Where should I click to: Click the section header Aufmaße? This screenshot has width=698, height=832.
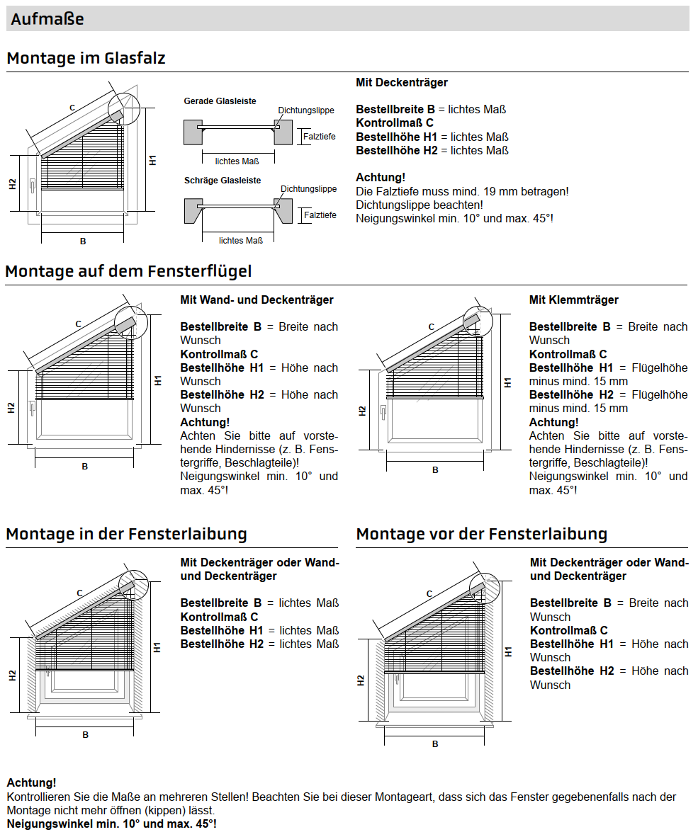[47, 19]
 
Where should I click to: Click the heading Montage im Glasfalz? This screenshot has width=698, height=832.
[86, 58]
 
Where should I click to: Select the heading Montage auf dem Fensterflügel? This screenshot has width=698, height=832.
[128, 271]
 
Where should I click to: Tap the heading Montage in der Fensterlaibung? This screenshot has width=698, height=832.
[126, 534]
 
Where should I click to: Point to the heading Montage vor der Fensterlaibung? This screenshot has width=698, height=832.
[482, 534]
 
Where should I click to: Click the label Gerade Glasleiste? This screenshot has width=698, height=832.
[220, 101]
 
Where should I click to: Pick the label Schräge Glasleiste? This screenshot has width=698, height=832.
[222, 181]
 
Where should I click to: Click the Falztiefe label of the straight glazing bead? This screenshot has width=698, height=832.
[320, 136]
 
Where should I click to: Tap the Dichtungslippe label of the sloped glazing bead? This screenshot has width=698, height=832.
[308, 189]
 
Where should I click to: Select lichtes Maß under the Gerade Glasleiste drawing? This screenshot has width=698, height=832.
[237, 161]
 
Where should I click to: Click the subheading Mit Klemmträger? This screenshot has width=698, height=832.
[573, 300]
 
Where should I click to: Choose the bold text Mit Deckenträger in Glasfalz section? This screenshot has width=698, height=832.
[402, 83]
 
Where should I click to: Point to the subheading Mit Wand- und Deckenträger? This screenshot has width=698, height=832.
[257, 300]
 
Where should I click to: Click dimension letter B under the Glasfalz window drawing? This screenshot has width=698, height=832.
[83, 241]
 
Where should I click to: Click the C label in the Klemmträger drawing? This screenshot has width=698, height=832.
[431, 327]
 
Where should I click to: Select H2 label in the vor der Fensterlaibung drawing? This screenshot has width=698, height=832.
[361, 680]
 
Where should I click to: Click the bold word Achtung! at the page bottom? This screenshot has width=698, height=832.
[31, 782]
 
